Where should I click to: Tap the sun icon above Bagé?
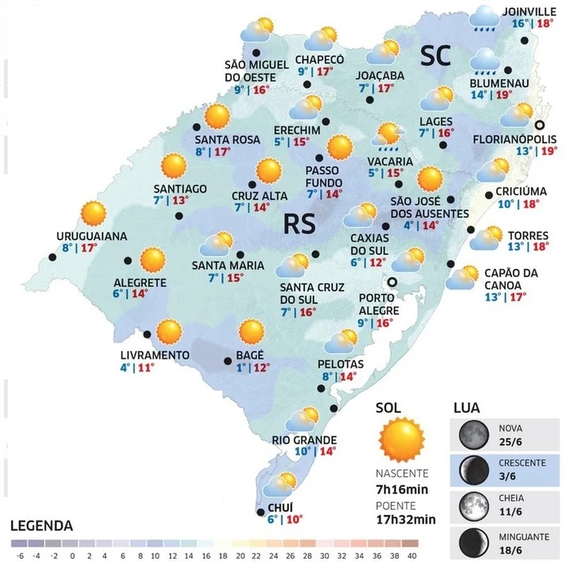[x=251, y=332]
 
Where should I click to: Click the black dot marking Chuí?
[x=260, y=513]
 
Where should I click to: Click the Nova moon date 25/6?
[x=511, y=441]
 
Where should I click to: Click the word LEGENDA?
[x=42, y=526]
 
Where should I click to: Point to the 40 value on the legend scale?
[x=413, y=555]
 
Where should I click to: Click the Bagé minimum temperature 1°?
[x=241, y=367]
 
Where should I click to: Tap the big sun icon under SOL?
[x=401, y=439]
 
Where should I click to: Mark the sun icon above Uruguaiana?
[x=93, y=213]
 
